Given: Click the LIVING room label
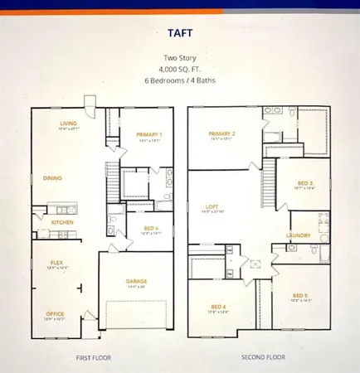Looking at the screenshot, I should click(x=68, y=124).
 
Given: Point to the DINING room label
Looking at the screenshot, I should click(x=52, y=177).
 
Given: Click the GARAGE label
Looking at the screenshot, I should click(x=137, y=281).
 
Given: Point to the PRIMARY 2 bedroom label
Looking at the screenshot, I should click(x=224, y=133).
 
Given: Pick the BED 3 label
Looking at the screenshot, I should click(x=305, y=183).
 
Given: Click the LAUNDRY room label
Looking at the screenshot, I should click(x=299, y=235).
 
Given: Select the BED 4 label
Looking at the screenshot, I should click(x=216, y=308).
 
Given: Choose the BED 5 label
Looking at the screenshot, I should click(x=299, y=295).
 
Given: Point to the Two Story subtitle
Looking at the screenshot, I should click(x=180, y=57).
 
